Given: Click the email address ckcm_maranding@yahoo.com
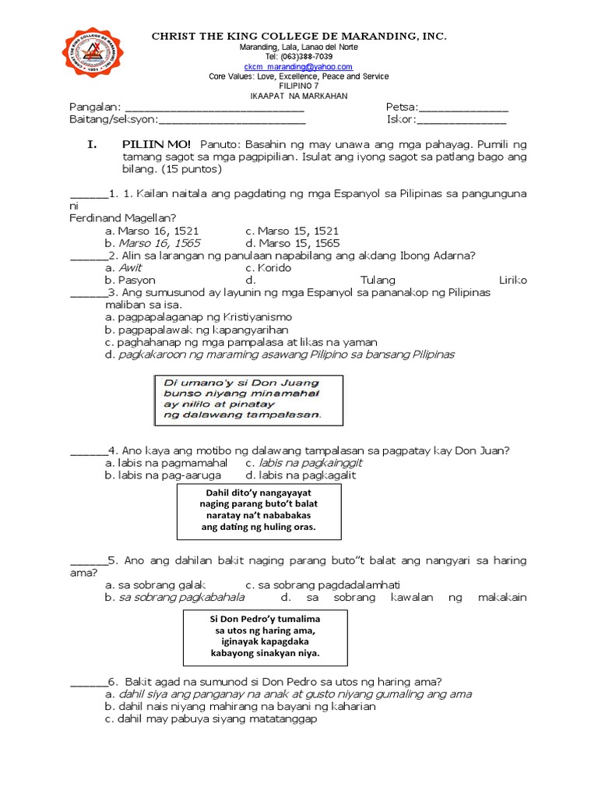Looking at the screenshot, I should point(298,67).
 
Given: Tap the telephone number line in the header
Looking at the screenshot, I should point(298,57).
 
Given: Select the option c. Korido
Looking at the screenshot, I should point(268,267).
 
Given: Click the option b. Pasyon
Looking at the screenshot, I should point(130,280).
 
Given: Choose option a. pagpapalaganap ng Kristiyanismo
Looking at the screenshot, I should point(199,317).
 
